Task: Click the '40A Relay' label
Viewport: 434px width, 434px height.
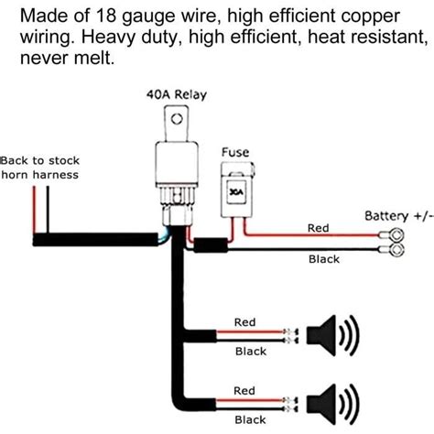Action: [x=177, y=94]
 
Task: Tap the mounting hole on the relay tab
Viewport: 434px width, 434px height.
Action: [x=177, y=119]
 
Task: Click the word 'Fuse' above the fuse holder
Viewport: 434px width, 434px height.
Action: [x=235, y=152]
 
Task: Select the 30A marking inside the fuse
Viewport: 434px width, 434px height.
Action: [x=236, y=192]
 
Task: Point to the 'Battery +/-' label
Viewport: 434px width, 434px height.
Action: [x=399, y=216]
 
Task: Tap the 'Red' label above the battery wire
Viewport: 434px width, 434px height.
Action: [x=319, y=228]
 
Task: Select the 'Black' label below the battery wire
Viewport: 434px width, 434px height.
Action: [x=324, y=259]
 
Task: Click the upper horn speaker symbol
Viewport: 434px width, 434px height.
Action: [x=332, y=335]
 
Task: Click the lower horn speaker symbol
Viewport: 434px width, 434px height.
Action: [x=332, y=405]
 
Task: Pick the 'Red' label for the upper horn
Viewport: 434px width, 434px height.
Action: [x=244, y=322]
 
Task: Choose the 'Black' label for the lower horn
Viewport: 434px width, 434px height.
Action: [x=250, y=420]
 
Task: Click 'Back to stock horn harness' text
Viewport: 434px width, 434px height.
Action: [x=40, y=168]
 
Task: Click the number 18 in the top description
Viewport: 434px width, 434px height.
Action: [x=106, y=16]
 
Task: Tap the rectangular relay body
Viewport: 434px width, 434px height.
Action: [x=177, y=163]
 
